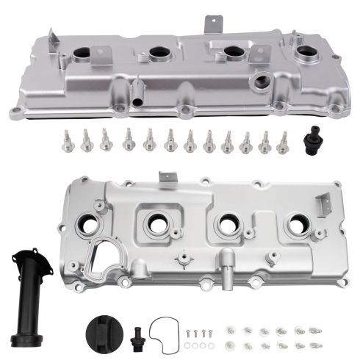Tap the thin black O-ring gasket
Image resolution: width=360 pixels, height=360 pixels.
click(x=165, y=330)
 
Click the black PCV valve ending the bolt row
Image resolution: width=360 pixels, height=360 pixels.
click(x=303, y=140)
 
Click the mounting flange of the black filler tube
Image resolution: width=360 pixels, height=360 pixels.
click(x=23, y=259)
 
